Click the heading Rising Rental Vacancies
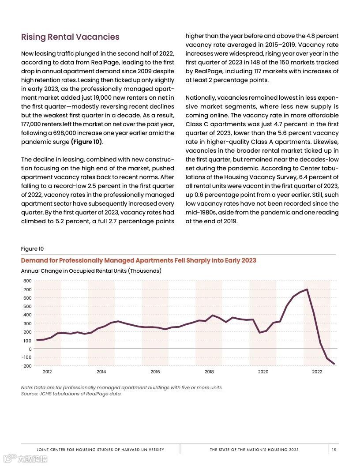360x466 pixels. tap(70, 37)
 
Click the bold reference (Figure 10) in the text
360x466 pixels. tap(87, 142)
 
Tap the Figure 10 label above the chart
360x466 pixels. tap(32, 249)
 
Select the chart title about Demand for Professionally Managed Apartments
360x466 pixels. tap(139, 260)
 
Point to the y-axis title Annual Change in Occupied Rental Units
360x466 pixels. tap(91, 271)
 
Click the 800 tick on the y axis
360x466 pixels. tap(27, 281)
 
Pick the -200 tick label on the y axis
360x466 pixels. tap(26, 366)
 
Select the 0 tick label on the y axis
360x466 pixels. tap(30, 349)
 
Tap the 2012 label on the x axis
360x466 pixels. tap(47, 372)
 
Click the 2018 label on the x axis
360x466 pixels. tap(209, 372)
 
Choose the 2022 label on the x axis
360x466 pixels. tap(317, 372)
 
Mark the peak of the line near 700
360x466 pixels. tap(307, 289)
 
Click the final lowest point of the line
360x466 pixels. tap(334, 364)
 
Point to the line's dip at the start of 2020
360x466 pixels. tap(259, 332)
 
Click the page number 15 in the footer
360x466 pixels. tap(334, 450)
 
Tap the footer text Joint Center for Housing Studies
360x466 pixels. tap(101, 450)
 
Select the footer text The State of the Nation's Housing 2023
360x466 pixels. tap(254, 450)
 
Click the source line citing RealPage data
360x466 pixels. tap(71, 394)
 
